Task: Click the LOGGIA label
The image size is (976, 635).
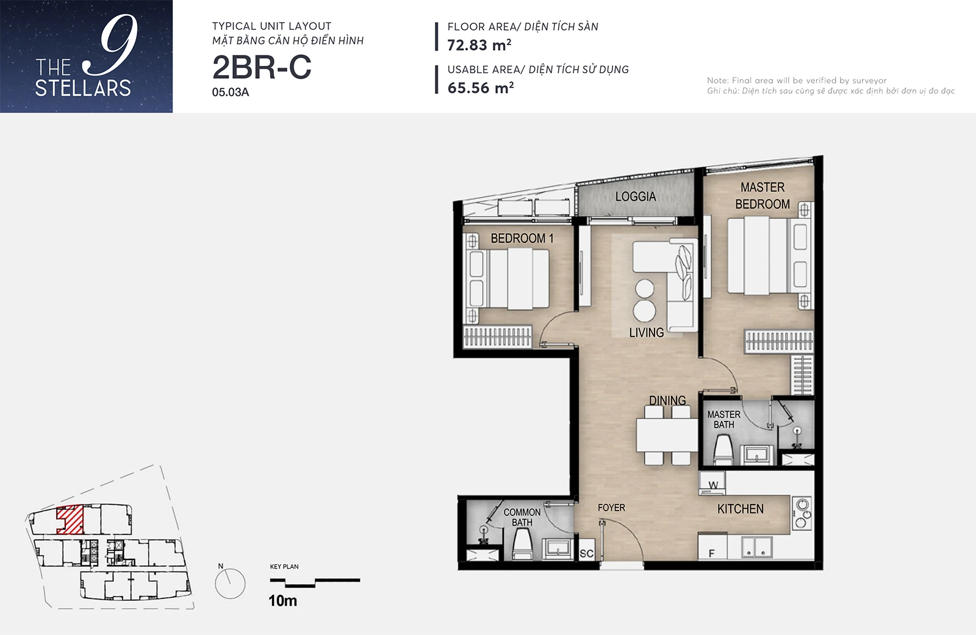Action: click(635, 196)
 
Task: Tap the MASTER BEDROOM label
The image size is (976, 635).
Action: click(762, 196)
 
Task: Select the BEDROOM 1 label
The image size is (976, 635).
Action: click(522, 239)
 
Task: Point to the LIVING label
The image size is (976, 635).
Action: click(646, 332)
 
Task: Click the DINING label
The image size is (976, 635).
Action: click(667, 400)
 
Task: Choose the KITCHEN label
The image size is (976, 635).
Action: click(741, 509)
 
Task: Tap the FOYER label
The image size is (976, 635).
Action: click(611, 508)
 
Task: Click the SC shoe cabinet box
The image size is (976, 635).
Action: click(586, 553)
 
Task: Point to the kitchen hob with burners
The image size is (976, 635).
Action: click(802, 513)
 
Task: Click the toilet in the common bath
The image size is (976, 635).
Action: click(522, 545)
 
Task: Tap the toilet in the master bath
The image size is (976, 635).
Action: click(723, 450)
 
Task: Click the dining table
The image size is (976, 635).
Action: click(667, 435)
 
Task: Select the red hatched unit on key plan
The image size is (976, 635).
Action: click(70, 520)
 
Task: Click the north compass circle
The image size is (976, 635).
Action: click(230, 583)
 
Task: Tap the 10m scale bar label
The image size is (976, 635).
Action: click(283, 601)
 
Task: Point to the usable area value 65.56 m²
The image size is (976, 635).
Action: click(481, 88)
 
